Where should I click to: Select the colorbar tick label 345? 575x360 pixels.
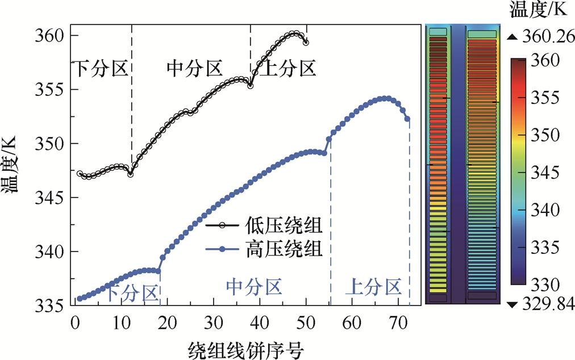click(x=544, y=173)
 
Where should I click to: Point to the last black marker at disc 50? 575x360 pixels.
click(x=306, y=43)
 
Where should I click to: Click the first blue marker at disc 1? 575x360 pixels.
click(x=80, y=298)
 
